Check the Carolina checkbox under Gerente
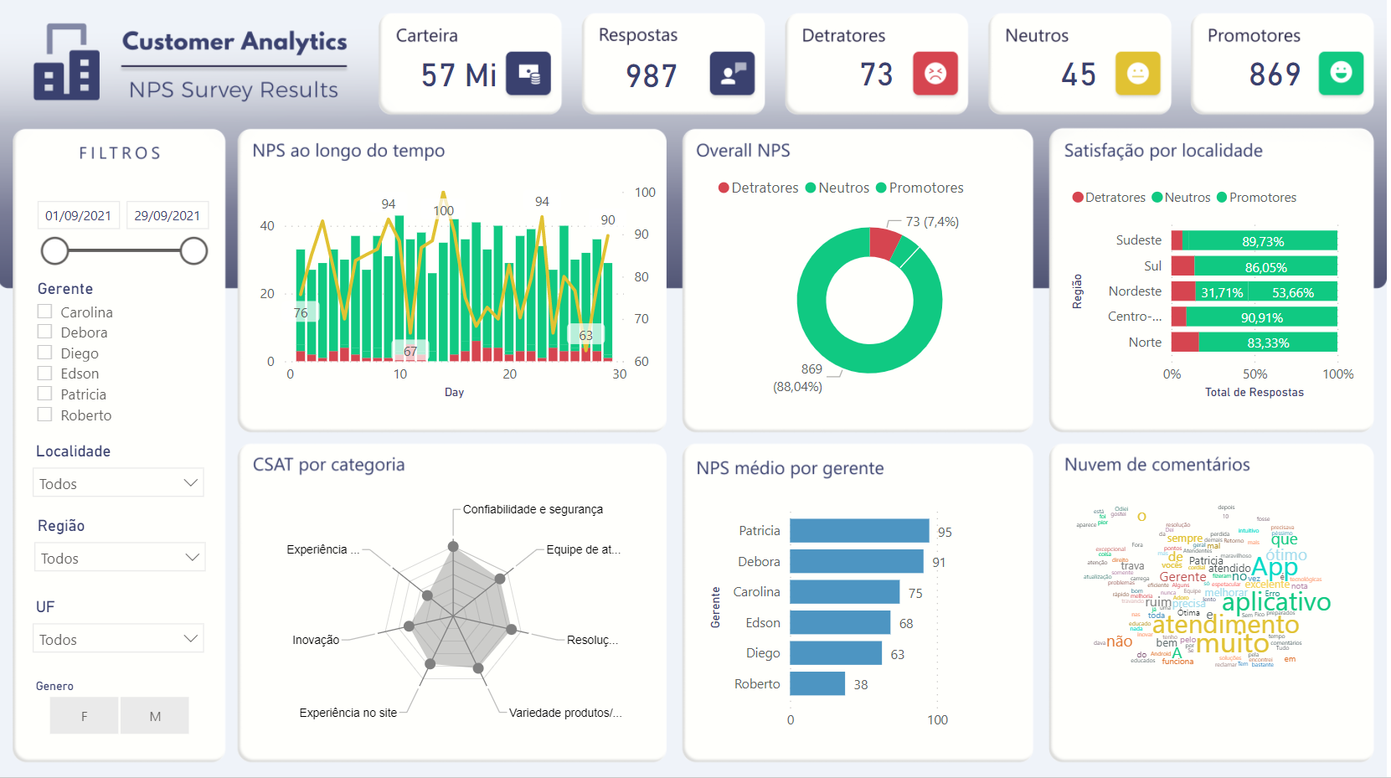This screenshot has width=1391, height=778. click(x=45, y=312)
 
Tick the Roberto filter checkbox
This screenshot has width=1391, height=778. click(x=45, y=415)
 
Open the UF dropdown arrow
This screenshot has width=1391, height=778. click(x=191, y=639)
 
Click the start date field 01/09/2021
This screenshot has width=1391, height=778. click(x=79, y=215)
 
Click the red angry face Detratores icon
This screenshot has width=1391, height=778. click(x=935, y=74)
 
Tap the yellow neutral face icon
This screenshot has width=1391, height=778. click(x=1137, y=74)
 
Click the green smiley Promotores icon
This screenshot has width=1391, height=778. click(x=1341, y=73)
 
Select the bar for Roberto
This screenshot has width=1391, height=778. click(x=817, y=683)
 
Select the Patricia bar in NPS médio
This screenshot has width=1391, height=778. click(x=859, y=530)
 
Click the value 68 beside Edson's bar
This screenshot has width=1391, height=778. click(x=906, y=623)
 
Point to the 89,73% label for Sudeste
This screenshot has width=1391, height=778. click(x=1263, y=241)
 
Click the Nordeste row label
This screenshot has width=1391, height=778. click(x=1135, y=291)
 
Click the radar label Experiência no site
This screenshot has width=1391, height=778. click(x=348, y=713)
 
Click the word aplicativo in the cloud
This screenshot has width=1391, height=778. click(x=1275, y=602)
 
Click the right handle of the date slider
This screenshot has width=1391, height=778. click(x=193, y=250)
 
